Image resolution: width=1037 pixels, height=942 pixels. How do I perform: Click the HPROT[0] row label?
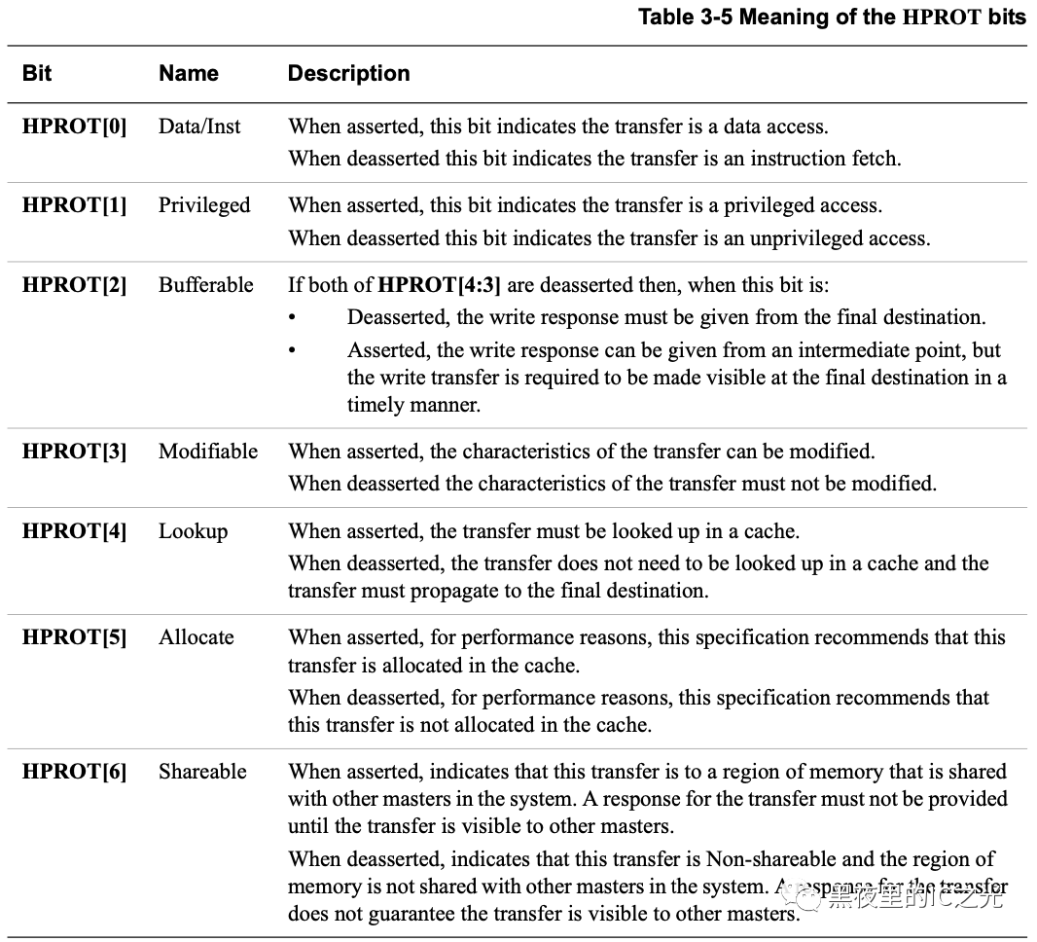coord(74,127)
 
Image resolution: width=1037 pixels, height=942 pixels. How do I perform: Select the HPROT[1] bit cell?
coord(74,205)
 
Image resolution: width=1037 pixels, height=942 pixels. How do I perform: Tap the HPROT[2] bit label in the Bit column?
coord(74,285)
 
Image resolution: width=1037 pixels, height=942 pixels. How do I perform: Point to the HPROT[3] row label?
coord(74,452)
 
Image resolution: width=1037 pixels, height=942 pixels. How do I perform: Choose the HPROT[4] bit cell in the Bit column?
coord(74,531)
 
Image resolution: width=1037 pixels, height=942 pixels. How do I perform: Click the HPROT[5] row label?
coord(74,637)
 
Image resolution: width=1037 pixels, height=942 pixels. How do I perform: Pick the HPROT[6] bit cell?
coord(74,772)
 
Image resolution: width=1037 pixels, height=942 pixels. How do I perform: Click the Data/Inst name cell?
coord(199,127)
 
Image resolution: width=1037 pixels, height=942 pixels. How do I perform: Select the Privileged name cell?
coord(204,205)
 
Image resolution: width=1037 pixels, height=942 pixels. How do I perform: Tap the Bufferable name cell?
coord(206,285)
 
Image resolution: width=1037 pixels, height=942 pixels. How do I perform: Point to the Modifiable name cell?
coord(208,452)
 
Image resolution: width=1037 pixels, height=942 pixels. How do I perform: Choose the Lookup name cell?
coord(194,531)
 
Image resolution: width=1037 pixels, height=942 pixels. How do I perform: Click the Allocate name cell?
coord(197,637)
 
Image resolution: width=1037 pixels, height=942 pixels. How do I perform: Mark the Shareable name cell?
coord(202,772)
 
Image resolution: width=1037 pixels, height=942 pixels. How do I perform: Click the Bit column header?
coord(37,74)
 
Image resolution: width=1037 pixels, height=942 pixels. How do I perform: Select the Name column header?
coord(189,74)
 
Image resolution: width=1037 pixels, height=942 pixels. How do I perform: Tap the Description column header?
coord(348,74)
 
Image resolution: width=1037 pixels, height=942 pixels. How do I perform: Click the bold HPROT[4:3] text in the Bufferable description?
coord(439,285)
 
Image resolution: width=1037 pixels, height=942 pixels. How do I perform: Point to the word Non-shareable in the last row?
coord(769,859)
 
